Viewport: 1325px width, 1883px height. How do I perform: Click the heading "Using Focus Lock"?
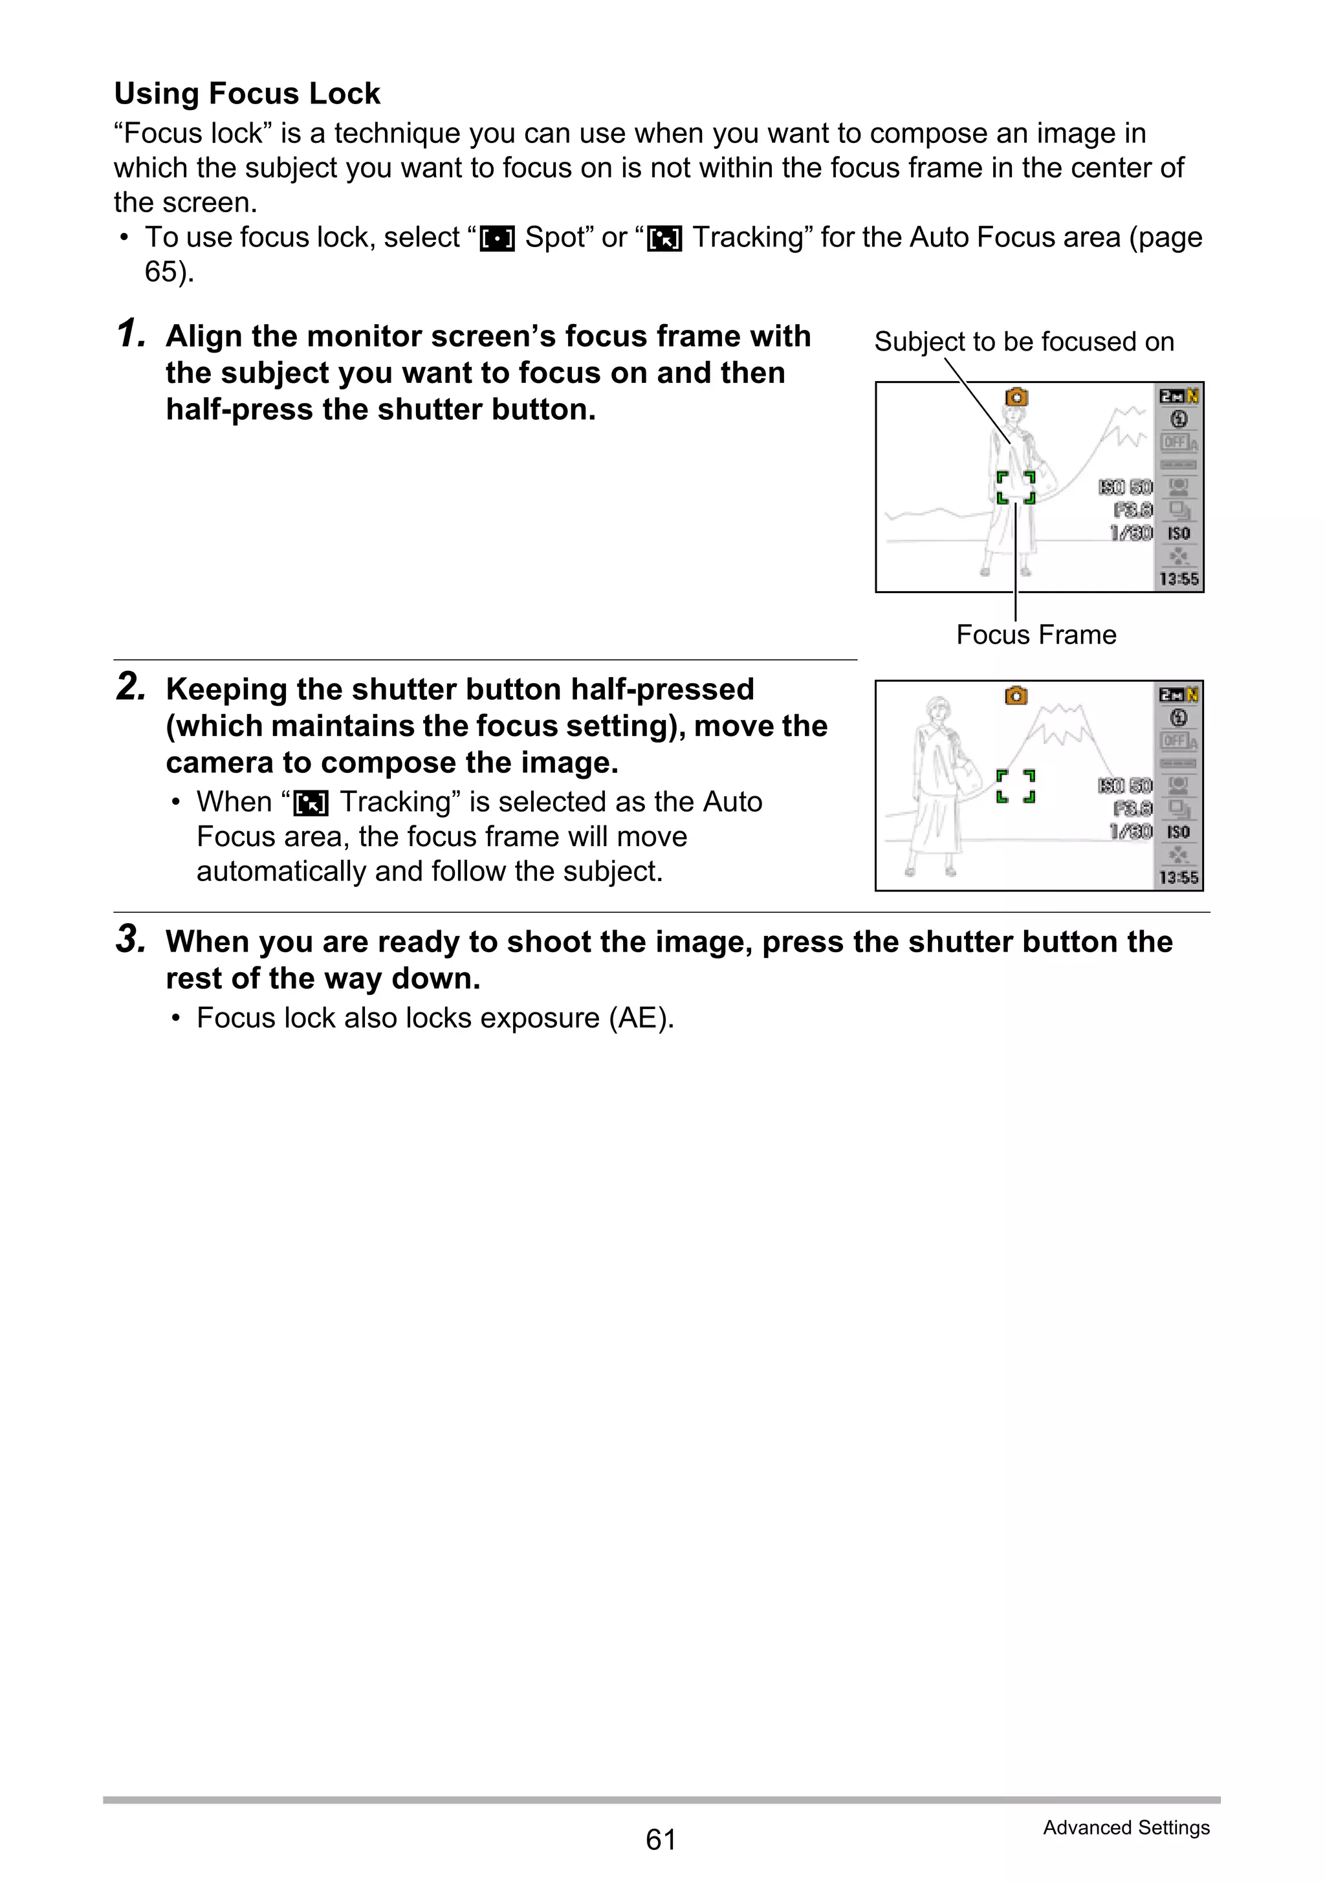coord(247,94)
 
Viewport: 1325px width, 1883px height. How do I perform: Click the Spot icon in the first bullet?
coord(497,239)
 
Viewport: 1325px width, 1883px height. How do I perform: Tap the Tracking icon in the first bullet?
coord(664,239)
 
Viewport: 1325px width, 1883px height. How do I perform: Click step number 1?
coord(131,334)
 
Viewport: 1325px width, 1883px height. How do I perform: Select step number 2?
coord(131,687)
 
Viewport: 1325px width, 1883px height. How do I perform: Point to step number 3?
coord(131,940)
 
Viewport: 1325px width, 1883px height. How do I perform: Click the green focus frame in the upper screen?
coord(1016,487)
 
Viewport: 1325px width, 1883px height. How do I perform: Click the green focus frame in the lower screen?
coord(1016,786)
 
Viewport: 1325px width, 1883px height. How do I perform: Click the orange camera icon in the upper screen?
coord(1016,397)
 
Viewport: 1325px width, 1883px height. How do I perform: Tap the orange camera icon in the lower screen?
coord(1016,695)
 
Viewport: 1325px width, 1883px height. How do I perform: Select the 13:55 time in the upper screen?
coord(1179,579)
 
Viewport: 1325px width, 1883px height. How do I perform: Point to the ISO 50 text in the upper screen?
coord(1126,487)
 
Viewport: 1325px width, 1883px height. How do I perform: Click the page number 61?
coord(661,1840)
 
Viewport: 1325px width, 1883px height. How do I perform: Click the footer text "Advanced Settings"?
coord(1126,1827)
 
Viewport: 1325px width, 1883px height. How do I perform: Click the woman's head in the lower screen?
coord(937,708)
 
